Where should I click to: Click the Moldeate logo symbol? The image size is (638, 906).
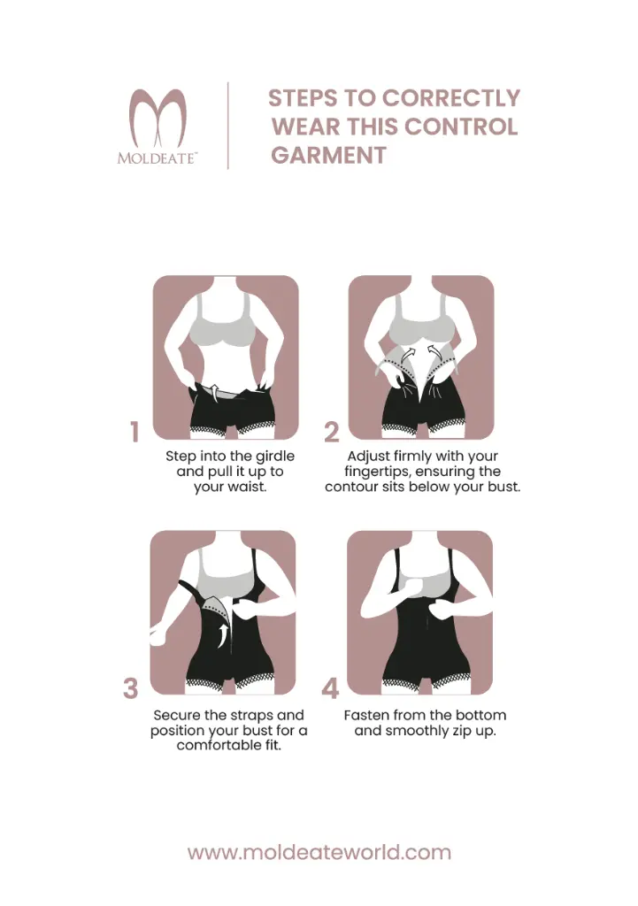pyautogui.click(x=158, y=119)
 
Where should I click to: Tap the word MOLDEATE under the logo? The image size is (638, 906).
pyautogui.click(x=157, y=158)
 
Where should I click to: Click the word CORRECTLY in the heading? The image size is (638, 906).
pyautogui.click(x=452, y=98)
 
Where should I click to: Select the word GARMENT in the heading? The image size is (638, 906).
pyautogui.click(x=329, y=156)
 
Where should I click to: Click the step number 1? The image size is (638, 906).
pyautogui.click(x=135, y=432)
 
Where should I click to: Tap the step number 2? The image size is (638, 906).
pyautogui.click(x=331, y=432)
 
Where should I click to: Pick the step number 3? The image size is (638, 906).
pyautogui.click(x=131, y=688)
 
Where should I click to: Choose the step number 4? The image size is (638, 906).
pyautogui.click(x=330, y=688)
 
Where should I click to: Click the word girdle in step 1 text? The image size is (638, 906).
pyautogui.click(x=275, y=457)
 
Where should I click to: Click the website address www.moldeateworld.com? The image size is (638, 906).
pyautogui.click(x=319, y=852)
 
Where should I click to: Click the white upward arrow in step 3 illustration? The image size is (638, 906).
pyautogui.click(x=222, y=634)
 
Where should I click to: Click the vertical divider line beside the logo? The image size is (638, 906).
pyautogui.click(x=228, y=126)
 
